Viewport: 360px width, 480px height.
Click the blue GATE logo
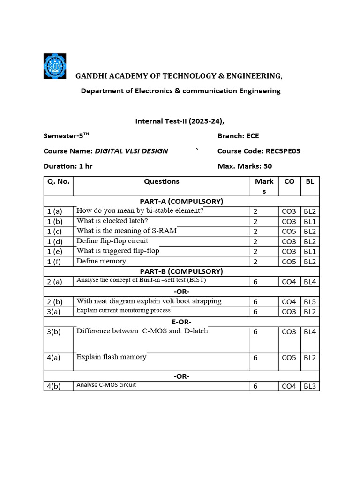[55, 66]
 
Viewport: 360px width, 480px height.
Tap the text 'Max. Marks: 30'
[245, 166]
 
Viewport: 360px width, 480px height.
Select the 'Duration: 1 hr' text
[68, 166]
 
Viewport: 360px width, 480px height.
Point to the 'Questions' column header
[161, 181]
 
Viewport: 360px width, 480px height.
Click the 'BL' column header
[309, 181]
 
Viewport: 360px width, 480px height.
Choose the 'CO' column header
[289, 181]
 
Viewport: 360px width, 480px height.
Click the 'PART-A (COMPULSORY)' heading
[181, 201]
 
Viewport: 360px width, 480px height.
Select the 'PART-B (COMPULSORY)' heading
[181, 271]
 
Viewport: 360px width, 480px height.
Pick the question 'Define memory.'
[102, 261]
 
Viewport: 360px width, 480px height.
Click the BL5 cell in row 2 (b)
[309, 302]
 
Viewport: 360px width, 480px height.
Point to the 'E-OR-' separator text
[181, 322]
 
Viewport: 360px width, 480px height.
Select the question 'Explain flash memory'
[112, 357]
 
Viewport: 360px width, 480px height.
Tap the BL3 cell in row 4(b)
[309, 386]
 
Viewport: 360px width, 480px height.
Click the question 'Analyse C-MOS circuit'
[106, 385]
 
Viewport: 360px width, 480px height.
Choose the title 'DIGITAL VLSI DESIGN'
[131, 151]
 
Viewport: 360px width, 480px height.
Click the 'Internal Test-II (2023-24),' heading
[180, 121]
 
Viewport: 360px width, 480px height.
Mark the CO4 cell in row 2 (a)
[289, 282]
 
